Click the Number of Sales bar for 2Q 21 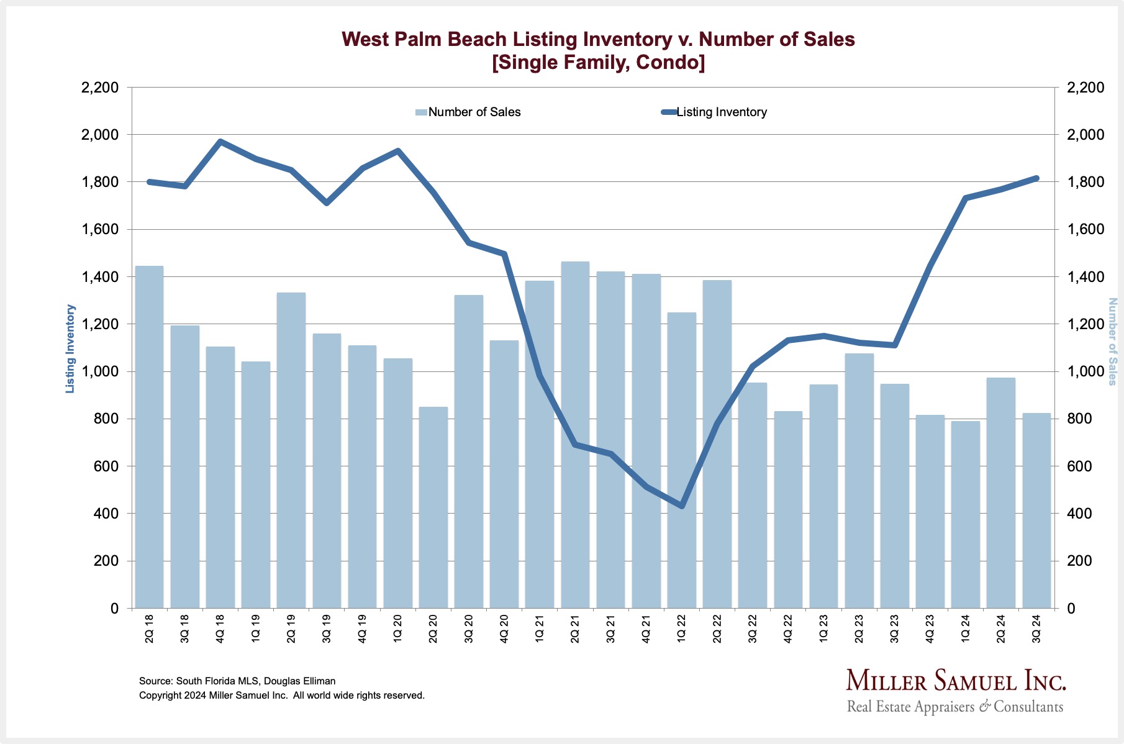tap(575, 435)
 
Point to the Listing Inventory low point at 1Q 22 tap(682, 506)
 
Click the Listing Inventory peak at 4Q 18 tap(220, 142)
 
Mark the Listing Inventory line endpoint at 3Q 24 tap(1036, 178)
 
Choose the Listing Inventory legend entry tap(721, 112)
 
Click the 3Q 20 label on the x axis tap(469, 628)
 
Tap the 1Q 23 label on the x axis tap(823, 628)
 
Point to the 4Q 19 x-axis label tap(362, 628)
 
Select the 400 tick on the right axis tap(1079, 514)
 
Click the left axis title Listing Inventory tap(71, 348)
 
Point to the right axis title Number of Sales tap(1112, 342)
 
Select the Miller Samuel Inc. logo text tap(956, 681)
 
